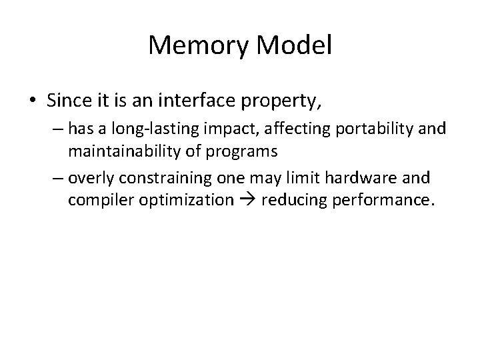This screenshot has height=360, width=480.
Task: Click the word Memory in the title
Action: coord(195,45)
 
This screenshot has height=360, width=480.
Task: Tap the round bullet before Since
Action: coord(33,101)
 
